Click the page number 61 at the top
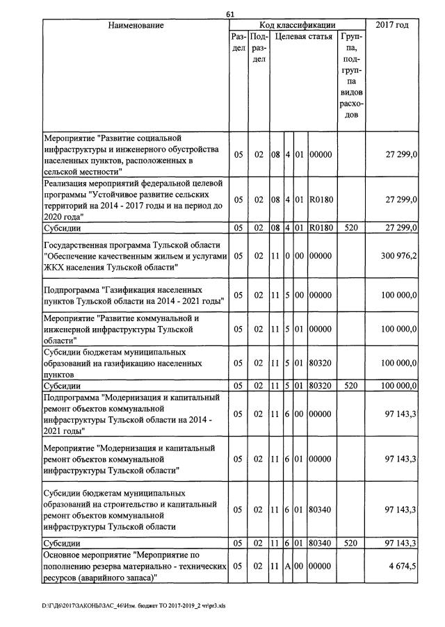pos(231,15)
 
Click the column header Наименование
pos(136,26)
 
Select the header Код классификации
pos(297,25)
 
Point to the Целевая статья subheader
pos(303,36)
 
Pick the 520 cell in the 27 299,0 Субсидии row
pos(351,227)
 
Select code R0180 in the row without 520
pos(321,199)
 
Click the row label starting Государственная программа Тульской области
pos(131,256)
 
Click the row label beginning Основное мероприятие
pos(131,567)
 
